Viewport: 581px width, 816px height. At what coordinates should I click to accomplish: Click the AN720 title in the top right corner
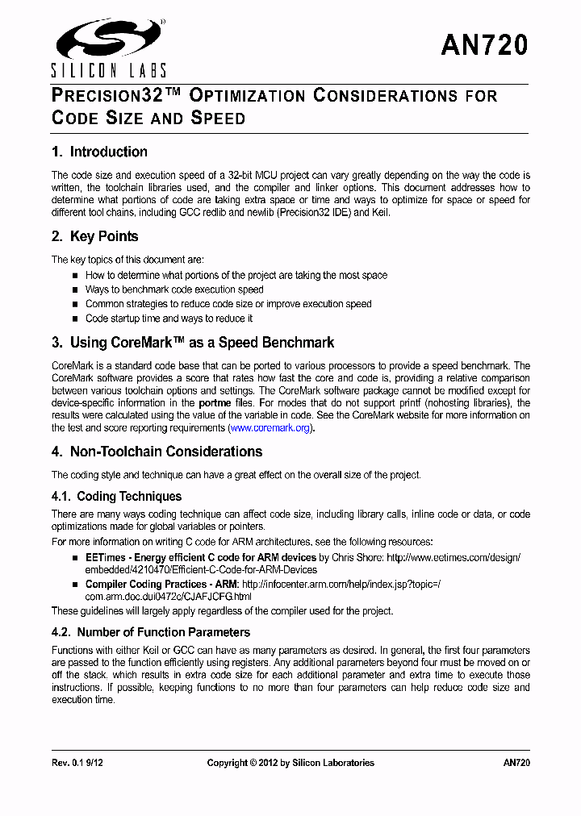[484, 45]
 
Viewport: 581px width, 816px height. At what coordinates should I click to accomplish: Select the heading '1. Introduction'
[99, 152]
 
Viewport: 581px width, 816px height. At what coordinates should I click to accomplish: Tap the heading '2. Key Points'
[94, 236]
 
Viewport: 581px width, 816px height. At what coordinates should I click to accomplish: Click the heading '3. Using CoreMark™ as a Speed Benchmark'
[192, 343]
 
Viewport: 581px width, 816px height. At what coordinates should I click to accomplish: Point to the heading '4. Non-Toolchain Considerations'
[157, 452]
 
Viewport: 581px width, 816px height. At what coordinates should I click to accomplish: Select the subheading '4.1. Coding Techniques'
[116, 497]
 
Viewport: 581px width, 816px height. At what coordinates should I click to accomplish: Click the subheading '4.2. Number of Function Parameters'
[150, 632]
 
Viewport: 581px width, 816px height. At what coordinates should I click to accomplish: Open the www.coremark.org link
[270, 428]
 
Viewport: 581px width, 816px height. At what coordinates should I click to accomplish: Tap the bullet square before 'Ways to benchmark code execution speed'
[76, 290]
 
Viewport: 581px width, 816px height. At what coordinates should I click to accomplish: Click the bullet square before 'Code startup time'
[76, 319]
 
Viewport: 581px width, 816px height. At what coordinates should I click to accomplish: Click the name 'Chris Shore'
[358, 558]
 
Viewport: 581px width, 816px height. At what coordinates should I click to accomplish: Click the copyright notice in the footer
[290, 762]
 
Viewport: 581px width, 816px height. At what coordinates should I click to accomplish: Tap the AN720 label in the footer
[516, 762]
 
